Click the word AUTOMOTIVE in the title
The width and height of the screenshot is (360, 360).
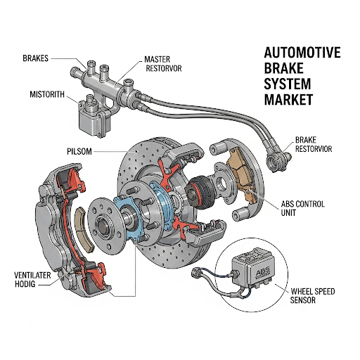point(302,53)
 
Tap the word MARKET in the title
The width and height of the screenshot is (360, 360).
point(288,99)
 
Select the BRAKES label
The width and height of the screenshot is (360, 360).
point(35,58)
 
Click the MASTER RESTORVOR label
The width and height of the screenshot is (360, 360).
point(163,63)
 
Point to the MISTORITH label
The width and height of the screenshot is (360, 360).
point(47,94)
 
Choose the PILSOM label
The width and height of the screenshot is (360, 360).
point(79,151)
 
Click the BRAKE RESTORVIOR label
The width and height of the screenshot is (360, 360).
point(314,144)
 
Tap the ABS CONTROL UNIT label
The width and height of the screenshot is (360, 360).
point(302,208)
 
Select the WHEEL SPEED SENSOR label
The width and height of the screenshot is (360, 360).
point(312,296)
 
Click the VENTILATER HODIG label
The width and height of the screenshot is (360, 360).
point(32,280)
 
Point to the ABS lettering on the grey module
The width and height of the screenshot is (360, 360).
point(262,272)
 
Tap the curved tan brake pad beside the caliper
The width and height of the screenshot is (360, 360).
point(84,229)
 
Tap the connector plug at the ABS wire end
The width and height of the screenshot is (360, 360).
point(195,273)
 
